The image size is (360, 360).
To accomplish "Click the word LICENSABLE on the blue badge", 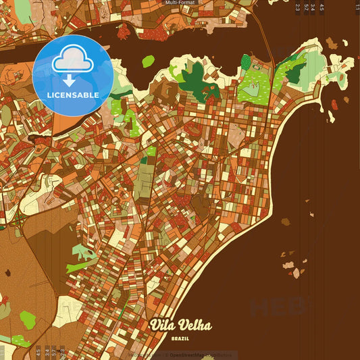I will pos(73,95).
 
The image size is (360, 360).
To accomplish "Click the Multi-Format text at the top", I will pos(180,3).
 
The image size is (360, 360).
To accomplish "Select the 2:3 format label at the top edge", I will pos(297,7).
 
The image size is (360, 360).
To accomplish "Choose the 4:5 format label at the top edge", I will pos(322,7).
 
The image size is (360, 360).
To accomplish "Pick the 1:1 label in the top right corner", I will pos(357,7).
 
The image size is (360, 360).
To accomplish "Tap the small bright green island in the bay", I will pos(148,61).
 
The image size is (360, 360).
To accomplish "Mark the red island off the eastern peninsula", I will pos(334,105).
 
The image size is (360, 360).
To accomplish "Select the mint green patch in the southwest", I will pos(83,253).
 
